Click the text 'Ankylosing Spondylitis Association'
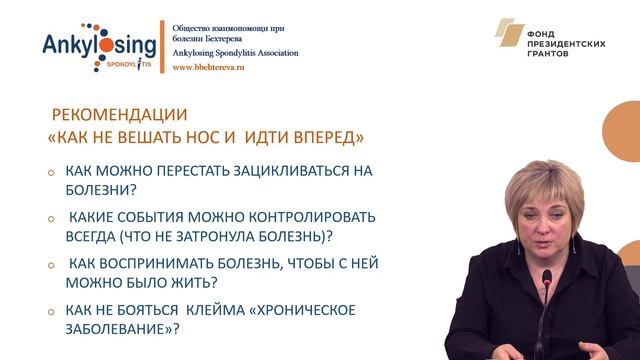pyautogui.click(x=235, y=52)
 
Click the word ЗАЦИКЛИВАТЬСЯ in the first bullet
pyautogui.click(x=273, y=171)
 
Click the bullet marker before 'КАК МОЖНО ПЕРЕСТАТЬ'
pyautogui.click(x=52, y=173)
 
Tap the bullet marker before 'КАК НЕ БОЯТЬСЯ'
pyautogui.click(x=52, y=311)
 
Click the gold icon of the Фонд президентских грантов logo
pyautogui.click(x=513, y=39)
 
